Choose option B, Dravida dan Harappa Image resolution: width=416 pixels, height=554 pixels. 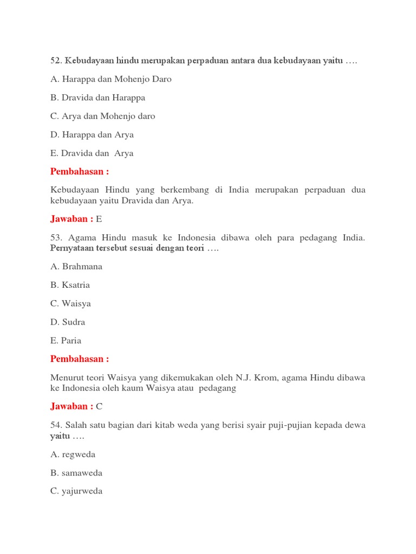pyautogui.click(x=97, y=98)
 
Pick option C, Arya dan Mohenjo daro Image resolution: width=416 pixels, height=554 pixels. pyautogui.click(x=102, y=116)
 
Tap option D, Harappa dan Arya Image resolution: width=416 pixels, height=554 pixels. pyautogui.click(x=92, y=135)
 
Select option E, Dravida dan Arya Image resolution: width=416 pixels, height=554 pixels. pyautogui.click(x=92, y=153)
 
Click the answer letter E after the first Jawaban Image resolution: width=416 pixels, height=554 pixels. pyautogui.click(x=99, y=219)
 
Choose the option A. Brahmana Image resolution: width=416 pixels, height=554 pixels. pyautogui.click(x=76, y=267)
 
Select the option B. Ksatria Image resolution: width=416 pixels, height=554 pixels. pyautogui.click(x=70, y=285)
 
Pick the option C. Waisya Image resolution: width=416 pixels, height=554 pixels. pyautogui.click(x=70, y=304)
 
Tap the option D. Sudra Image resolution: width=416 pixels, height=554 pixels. pyautogui.click(x=68, y=322)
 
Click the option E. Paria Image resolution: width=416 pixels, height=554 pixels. pyautogui.click(x=66, y=340)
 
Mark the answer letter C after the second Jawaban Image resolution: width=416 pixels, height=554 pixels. pyautogui.click(x=99, y=407)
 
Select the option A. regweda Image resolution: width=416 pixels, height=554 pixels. pyautogui.click(x=73, y=454)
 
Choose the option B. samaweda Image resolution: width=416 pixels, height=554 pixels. pyautogui.click(x=76, y=473)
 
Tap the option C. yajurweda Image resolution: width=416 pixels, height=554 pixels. pyautogui.click(x=76, y=491)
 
